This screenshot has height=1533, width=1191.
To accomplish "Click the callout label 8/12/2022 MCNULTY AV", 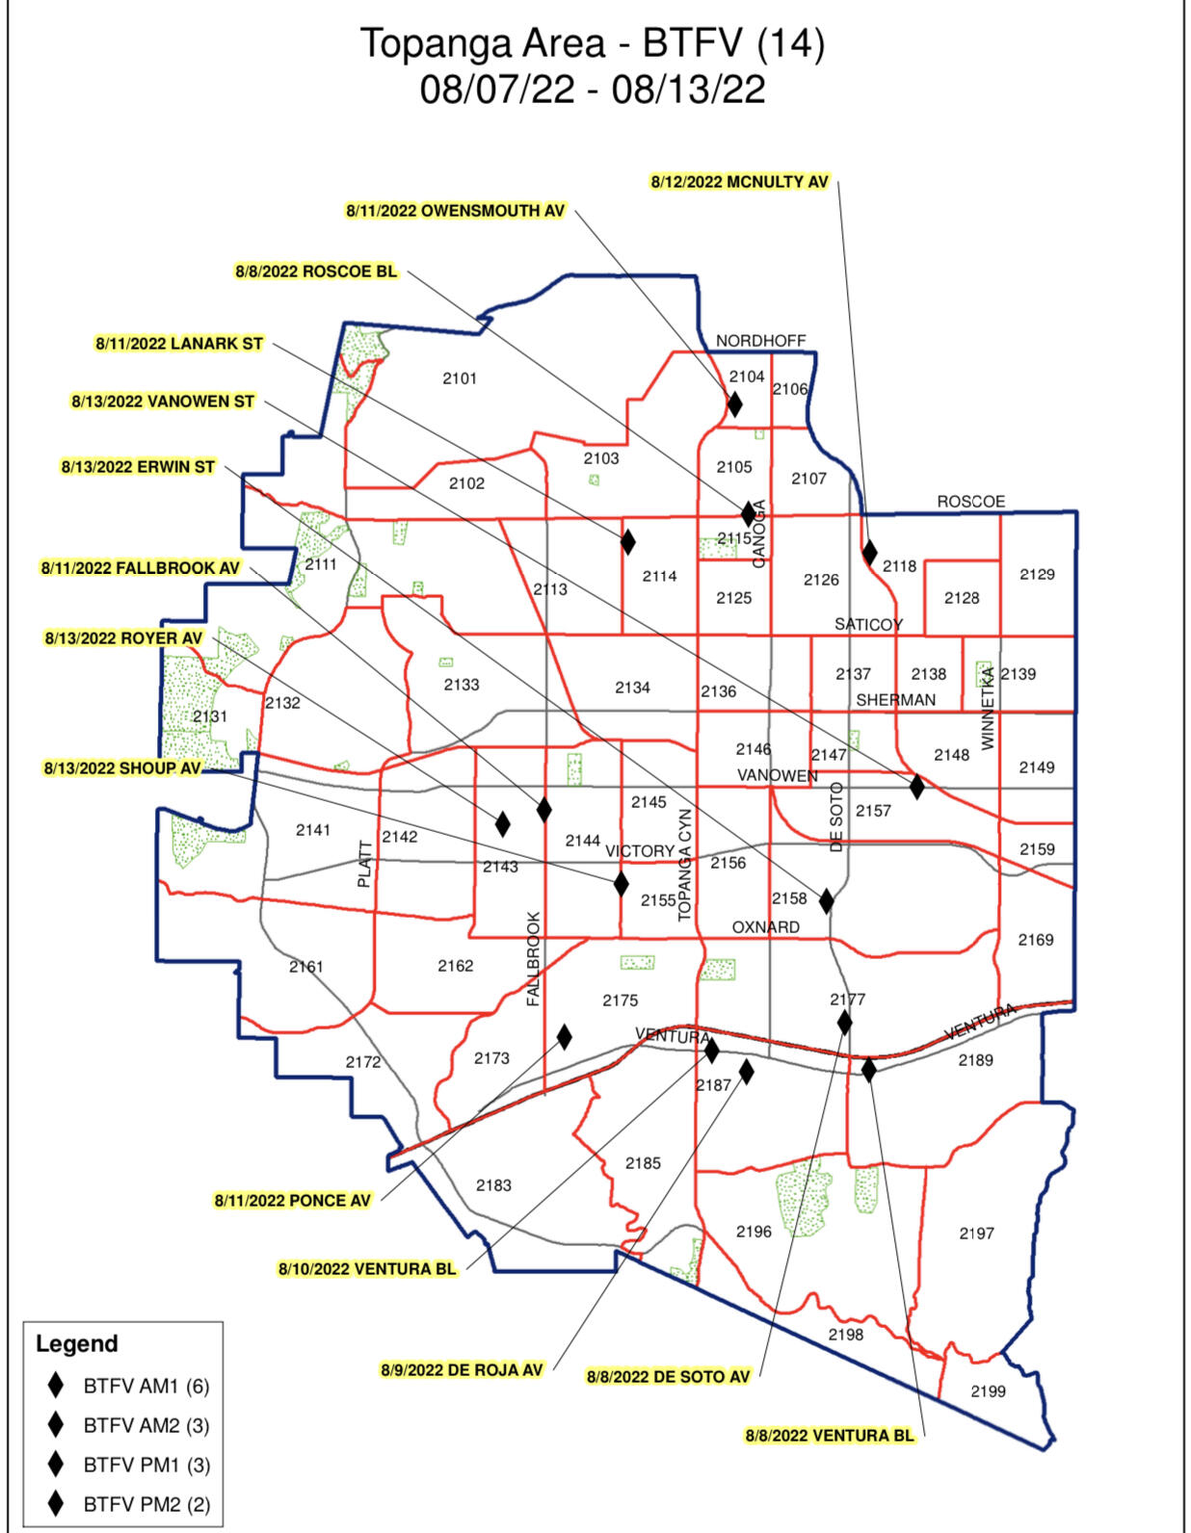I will pyautogui.click(x=739, y=182).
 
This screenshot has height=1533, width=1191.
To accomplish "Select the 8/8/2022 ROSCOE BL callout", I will pyautogui.click(x=316, y=272).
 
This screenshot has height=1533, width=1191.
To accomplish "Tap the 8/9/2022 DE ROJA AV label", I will pyautogui.click(x=462, y=1369).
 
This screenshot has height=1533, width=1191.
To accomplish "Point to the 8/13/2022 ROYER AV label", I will pyautogui.click(x=123, y=638).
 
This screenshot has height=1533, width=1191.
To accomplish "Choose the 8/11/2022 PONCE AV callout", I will pyautogui.click(x=292, y=1201).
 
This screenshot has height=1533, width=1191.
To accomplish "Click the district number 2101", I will pyautogui.click(x=460, y=378).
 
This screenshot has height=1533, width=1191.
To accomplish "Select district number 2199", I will pyautogui.click(x=988, y=1391).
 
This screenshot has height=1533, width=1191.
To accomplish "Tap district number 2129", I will pyautogui.click(x=1037, y=574).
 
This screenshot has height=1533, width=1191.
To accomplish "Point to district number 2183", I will pyautogui.click(x=493, y=1185).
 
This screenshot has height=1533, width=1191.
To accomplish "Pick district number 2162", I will pyautogui.click(x=455, y=966).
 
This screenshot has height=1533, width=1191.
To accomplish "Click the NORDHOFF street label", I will pyautogui.click(x=760, y=341).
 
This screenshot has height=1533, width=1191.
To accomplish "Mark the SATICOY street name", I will pyautogui.click(x=868, y=625).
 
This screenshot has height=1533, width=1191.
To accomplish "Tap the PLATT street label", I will pyautogui.click(x=364, y=864).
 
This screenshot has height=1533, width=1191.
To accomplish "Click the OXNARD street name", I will pyautogui.click(x=765, y=927).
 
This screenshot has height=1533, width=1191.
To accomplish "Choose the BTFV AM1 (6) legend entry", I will pyautogui.click(x=146, y=1387).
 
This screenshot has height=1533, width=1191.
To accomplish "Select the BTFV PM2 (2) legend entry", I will pyautogui.click(x=146, y=1504).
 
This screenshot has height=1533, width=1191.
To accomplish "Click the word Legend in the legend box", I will pyautogui.click(x=76, y=1344).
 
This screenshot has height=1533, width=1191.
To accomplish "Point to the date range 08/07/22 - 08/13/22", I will pyautogui.click(x=593, y=90).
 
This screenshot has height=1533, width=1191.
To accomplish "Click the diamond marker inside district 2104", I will pyautogui.click(x=734, y=403).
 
